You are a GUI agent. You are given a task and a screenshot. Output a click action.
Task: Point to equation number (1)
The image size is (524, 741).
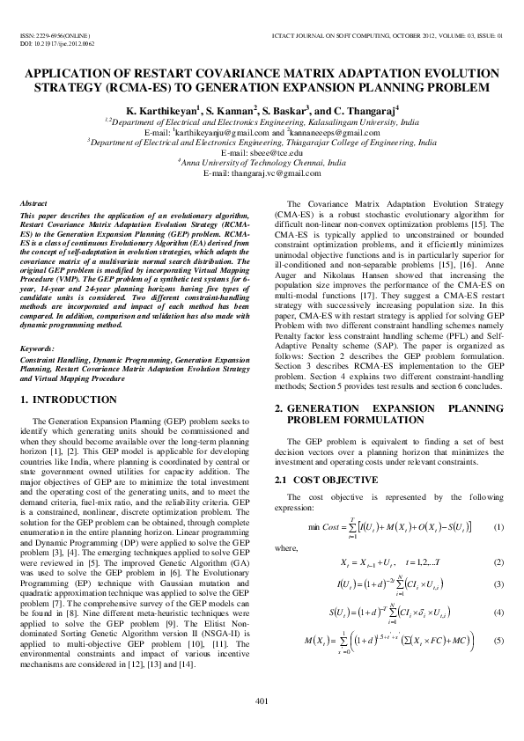[x=498, y=526]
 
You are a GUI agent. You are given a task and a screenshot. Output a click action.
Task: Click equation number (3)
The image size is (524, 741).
[x=498, y=584]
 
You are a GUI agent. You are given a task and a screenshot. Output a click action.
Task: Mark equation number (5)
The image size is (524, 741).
[x=498, y=639]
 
